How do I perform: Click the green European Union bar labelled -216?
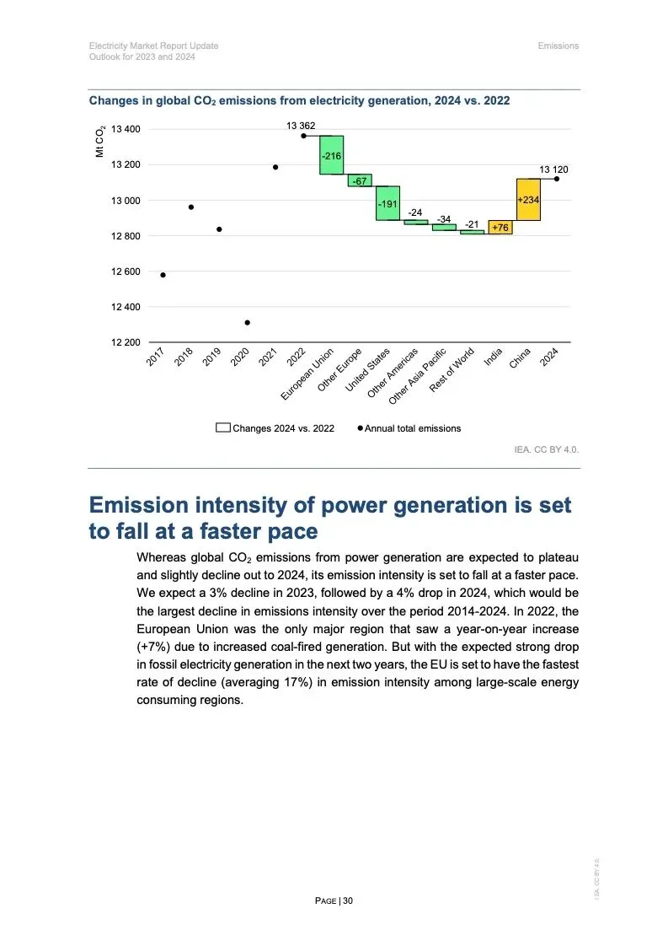pyautogui.click(x=331, y=155)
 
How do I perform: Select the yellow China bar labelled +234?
pyautogui.click(x=528, y=200)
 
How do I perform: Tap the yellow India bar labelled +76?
pyautogui.click(x=500, y=228)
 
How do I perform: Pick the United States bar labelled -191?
pyautogui.click(x=387, y=203)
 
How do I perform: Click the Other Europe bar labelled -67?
pyautogui.click(x=360, y=180)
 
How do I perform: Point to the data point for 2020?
pyautogui.click(x=247, y=322)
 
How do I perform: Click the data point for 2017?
pyautogui.click(x=163, y=275)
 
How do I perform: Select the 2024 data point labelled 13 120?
pyautogui.click(x=557, y=179)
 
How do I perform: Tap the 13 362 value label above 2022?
pyautogui.click(x=301, y=126)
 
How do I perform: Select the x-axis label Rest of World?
pyautogui.click(x=453, y=369)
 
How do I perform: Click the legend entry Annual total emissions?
pyautogui.click(x=412, y=428)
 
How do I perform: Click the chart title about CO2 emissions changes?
pyautogui.click(x=299, y=100)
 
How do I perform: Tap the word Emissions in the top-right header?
pyautogui.click(x=558, y=46)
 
